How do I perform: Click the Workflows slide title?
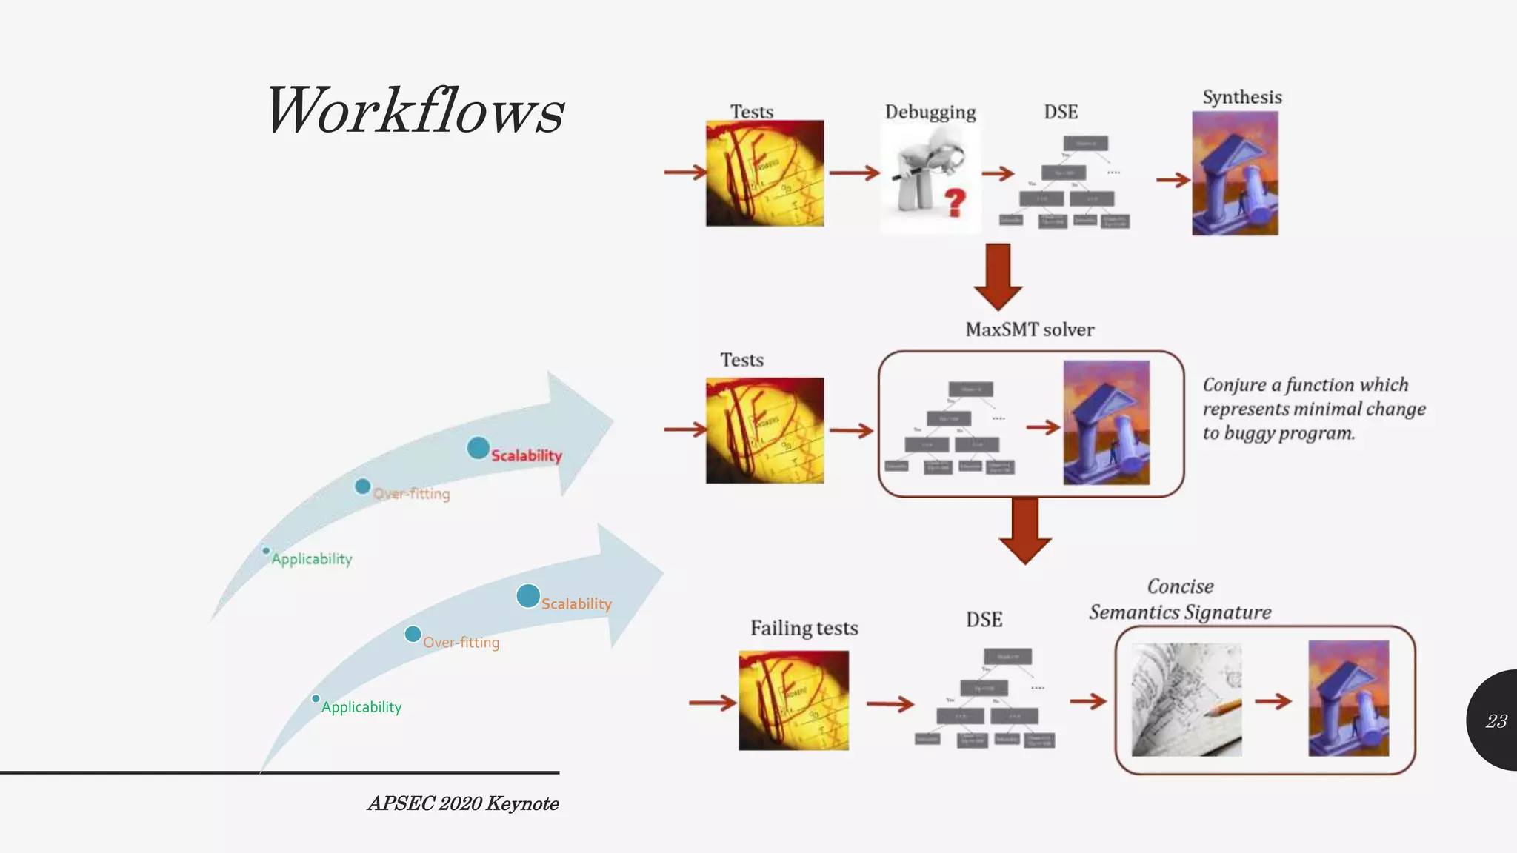click(415, 111)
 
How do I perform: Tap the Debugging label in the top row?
click(930, 112)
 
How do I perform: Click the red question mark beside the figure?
click(956, 201)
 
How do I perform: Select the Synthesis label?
click(1242, 97)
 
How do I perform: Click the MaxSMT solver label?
click(1030, 330)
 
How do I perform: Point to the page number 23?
click(1496, 721)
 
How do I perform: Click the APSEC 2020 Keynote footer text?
click(463, 803)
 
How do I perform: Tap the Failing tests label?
click(804, 628)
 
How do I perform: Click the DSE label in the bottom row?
click(984, 620)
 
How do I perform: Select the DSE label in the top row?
click(1061, 112)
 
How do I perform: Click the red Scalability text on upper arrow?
click(527, 455)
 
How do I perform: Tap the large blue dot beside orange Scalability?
click(528, 595)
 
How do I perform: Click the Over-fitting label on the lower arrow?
click(461, 643)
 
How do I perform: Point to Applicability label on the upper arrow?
click(311, 559)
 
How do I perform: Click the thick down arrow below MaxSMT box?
click(1025, 529)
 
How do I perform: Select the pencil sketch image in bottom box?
click(1187, 700)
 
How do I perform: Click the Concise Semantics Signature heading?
click(1180, 600)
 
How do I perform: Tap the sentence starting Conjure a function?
click(1313, 409)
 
